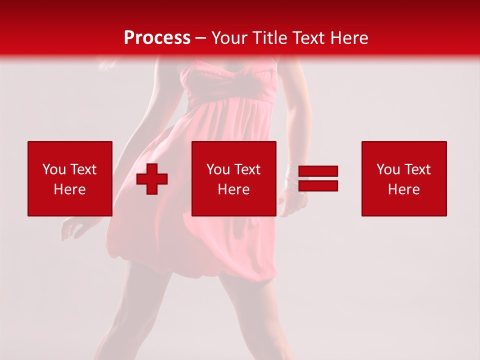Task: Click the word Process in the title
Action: click(x=157, y=38)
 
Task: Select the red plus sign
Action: click(x=152, y=179)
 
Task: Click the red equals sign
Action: click(x=318, y=178)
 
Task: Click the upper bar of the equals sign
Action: click(x=318, y=171)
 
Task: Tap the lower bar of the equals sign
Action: click(x=318, y=185)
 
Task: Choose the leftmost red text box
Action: click(x=69, y=178)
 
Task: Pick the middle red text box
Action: click(x=233, y=178)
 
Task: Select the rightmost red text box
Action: click(x=404, y=178)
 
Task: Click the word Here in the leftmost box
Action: click(x=69, y=189)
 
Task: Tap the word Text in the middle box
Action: click(x=246, y=169)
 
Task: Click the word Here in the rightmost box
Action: click(x=404, y=189)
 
